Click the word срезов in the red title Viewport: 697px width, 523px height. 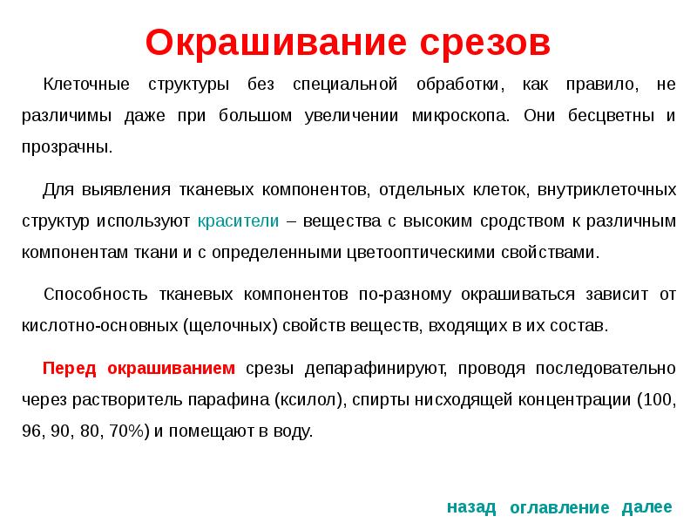point(484,42)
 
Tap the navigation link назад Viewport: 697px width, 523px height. point(471,506)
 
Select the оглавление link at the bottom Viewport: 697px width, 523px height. point(558,507)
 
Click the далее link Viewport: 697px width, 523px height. point(647,506)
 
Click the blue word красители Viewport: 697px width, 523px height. point(238,221)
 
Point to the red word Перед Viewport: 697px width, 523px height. point(69,368)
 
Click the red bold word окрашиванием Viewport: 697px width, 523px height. point(171,368)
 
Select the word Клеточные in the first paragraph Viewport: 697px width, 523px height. point(87,85)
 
